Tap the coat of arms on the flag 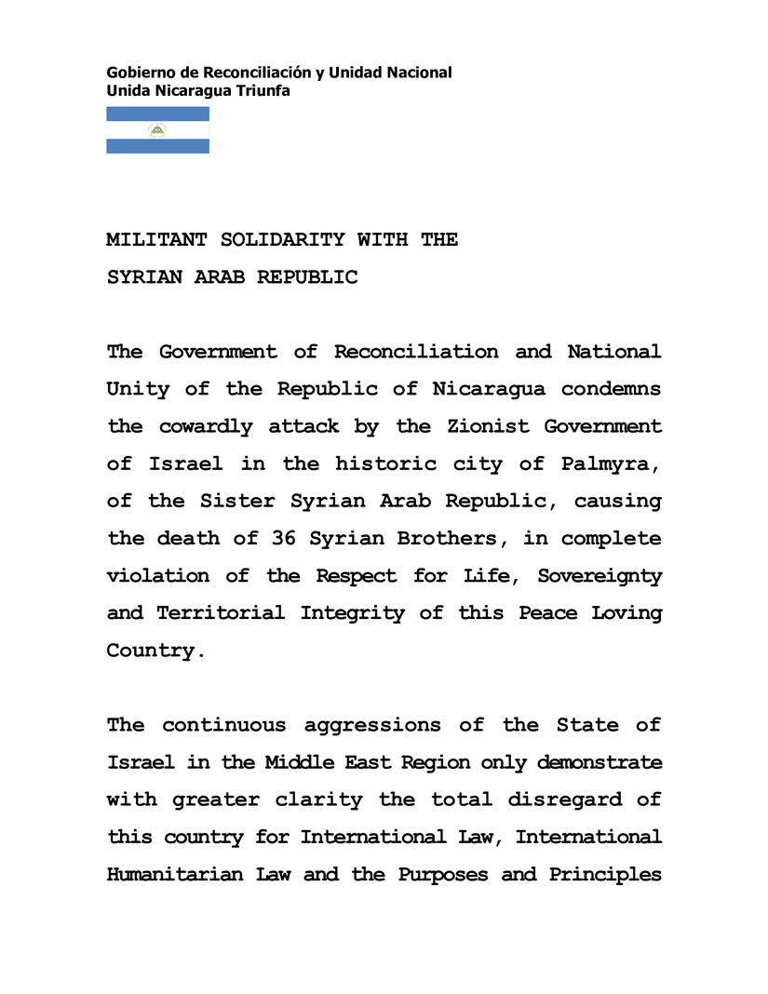tap(157, 130)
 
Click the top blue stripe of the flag tap(157, 114)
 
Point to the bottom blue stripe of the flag tap(157, 146)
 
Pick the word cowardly tap(206, 426)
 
